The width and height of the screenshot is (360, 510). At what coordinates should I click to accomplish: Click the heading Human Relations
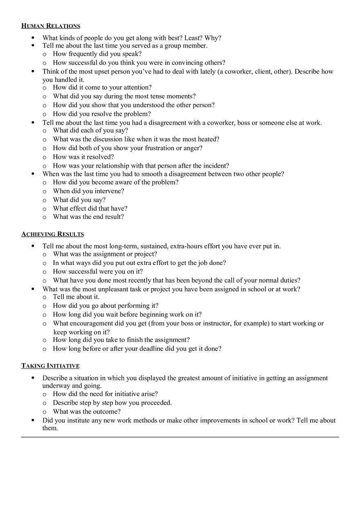click(51, 26)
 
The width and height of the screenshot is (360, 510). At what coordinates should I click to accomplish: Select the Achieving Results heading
click(52, 234)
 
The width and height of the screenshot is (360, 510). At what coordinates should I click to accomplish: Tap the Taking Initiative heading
click(50, 366)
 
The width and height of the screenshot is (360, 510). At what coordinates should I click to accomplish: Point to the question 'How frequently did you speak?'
click(97, 54)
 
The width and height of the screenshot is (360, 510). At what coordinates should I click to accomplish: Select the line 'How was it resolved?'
click(83, 157)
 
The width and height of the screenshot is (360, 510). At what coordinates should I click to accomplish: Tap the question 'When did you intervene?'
click(88, 191)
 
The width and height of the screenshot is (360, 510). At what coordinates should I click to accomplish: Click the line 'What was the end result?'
click(88, 217)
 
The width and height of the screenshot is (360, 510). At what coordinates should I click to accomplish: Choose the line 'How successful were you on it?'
click(98, 272)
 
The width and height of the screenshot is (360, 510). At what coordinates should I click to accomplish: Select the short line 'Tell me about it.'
click(76, 297)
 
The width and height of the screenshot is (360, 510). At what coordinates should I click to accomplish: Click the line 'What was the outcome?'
click(87, 412)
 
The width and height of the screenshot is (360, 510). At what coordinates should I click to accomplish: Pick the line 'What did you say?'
click(79, 200)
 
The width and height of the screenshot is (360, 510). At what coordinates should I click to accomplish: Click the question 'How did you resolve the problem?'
click(102, 114)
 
